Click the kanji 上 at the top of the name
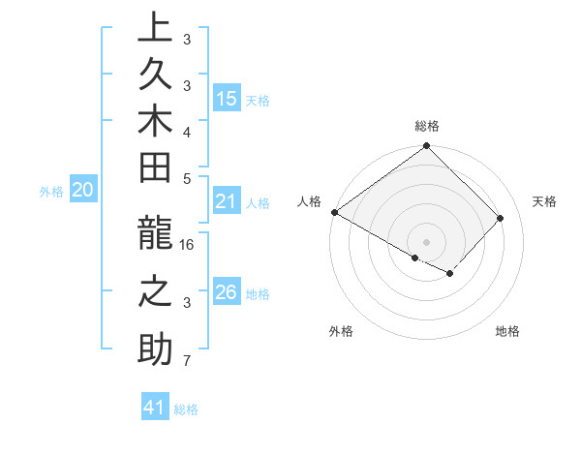click(154, 29)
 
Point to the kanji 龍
click(154, 235)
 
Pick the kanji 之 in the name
click(154, 293)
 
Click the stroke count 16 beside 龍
click(188, 244)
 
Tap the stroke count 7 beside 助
click(188, 361)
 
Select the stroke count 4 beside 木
click(188, 131)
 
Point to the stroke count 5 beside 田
click(188, 178)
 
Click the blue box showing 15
click(227, 98)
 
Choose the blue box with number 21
click(227, 201)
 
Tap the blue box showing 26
click(227, 292)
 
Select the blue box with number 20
click(83, 191)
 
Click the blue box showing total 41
click(155, 408)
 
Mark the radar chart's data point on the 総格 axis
click(426, 147)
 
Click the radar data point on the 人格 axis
click(334, 212)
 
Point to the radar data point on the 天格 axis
click(501, 218)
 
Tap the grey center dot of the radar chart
click(426, 242)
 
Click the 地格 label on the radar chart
click(507, 331)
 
